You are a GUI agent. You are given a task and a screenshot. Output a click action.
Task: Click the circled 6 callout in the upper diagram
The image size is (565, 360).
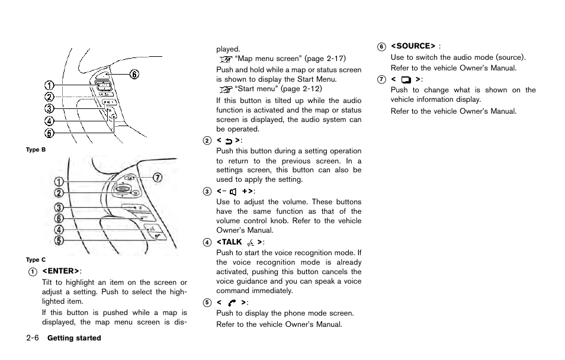(x=134, y=74)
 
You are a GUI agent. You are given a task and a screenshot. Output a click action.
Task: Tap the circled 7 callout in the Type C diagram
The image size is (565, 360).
(x=158, y=178)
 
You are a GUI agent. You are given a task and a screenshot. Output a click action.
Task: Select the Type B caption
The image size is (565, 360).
(x=36, y=150)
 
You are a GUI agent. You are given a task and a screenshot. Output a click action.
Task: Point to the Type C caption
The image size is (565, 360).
(x=36, y=259)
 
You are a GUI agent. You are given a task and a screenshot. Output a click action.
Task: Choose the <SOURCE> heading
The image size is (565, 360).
(x=413, y=46)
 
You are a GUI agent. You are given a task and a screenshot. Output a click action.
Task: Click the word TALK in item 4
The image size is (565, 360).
(x=230, y=242)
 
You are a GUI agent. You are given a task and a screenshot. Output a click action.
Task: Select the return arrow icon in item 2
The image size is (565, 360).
(x=229, y=140)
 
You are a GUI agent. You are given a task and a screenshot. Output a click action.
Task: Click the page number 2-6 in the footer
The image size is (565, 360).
(x=33, y=338)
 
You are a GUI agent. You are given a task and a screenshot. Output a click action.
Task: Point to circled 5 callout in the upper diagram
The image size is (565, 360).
(x=50, y=133)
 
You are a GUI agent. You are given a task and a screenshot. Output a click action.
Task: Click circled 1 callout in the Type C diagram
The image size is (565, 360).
(x=60, y=181)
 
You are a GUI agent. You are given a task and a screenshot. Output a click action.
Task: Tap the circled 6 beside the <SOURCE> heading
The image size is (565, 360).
(x=382, y=46)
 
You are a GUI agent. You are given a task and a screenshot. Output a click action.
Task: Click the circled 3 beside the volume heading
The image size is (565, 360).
(x=207, y=191)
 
